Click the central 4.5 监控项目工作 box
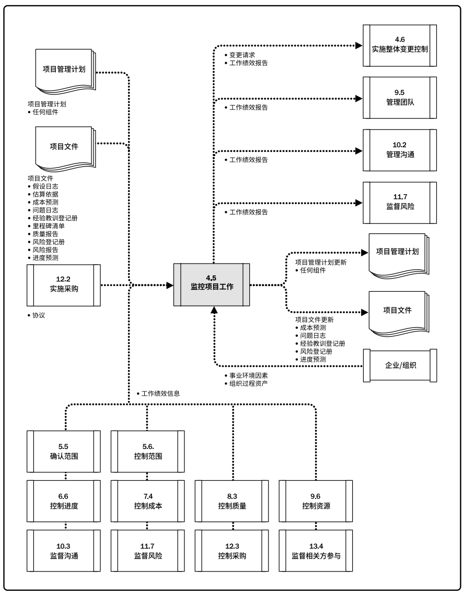[212, 285]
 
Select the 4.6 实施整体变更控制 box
[400, 45]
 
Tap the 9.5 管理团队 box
[400, 98]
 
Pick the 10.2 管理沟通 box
[400, 150]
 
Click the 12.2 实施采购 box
[63, 285]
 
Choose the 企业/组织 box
[400, 366]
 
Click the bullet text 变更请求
[242, 55]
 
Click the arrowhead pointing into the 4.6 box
[358, 45]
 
